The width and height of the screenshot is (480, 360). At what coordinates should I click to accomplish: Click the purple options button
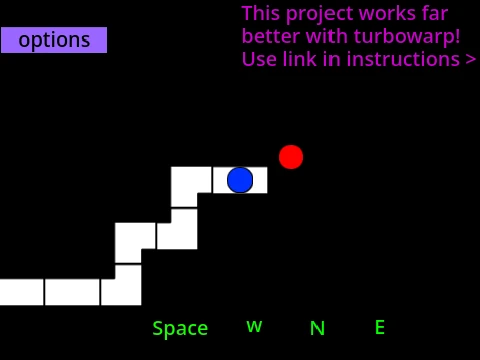click(x=54, y=40)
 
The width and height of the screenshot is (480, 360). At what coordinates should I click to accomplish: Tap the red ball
click(x=291, y=157)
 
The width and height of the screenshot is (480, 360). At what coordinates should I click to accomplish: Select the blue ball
click(x=240, y=180)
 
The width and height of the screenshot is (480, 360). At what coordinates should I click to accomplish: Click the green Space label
click(x=180, y=329)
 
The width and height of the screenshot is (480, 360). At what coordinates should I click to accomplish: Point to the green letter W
click(x=254, y=326)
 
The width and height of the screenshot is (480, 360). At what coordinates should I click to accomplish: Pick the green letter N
click(x=317, y=328)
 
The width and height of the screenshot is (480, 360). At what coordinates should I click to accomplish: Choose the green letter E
click(x=380, y=327)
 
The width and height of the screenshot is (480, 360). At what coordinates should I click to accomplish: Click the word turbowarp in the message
click(x=407, y=36)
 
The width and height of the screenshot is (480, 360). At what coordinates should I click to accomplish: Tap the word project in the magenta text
click(x=319, y=15)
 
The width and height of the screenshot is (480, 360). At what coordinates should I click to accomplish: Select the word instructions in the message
click(x=403, y=59)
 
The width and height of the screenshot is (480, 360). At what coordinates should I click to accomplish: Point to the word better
click(x=270, y=36)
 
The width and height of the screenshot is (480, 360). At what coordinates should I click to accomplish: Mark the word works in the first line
click(x=387, y=14)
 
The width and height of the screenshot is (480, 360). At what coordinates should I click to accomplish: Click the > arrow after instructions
click(x=470, y=59)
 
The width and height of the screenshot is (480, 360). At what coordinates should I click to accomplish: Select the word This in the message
click(x=261, y=14)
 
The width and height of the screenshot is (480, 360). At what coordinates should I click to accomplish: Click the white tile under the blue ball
click(x=240, y=180)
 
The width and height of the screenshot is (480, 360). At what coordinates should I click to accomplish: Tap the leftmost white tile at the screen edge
click(x=22, y=292)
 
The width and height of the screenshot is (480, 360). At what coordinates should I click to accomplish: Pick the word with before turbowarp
click(x=326, y=36)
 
